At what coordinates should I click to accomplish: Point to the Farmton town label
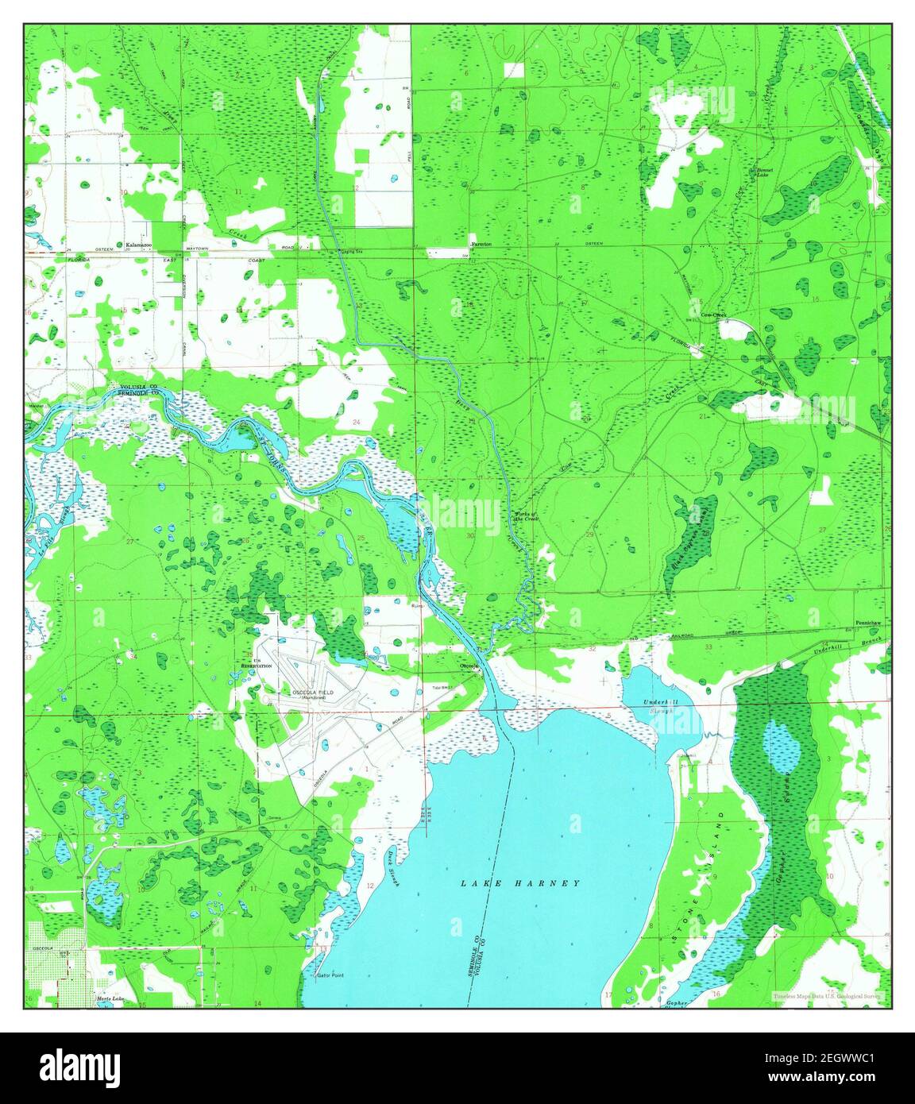(x=481, y=244)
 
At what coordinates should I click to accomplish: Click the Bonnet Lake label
(x=763, y=172)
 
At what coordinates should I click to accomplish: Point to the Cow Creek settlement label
(x=713, y=315)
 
